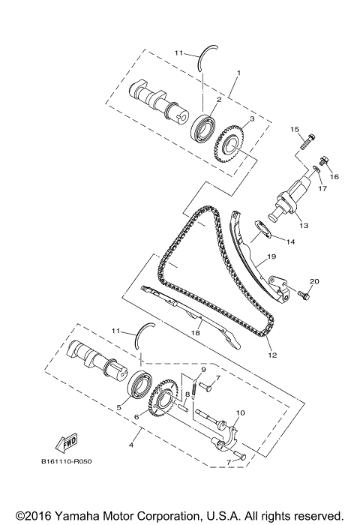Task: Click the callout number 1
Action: pos(238,73)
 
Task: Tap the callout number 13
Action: pos(303,225)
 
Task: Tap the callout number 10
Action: pos(240,413)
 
